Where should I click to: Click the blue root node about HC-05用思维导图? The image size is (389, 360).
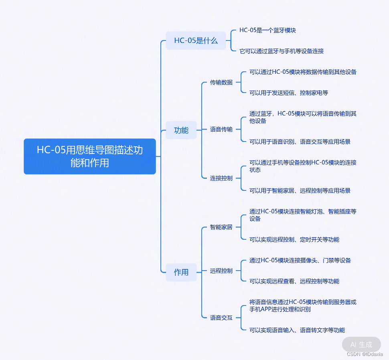point(89,156)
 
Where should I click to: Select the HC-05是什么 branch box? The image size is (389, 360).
point(196,40)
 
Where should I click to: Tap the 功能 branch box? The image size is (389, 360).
point(181,130)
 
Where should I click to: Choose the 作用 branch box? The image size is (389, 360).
point(181,272)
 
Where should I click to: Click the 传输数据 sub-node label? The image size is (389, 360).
point(221,82)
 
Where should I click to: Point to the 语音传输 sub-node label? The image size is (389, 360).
point(221,129)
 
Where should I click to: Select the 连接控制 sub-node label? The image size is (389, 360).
point(221,178)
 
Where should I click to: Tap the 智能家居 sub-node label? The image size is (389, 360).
point(221,227)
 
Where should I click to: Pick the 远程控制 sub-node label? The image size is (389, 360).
point(221,271)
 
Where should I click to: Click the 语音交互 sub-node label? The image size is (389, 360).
point(221,318)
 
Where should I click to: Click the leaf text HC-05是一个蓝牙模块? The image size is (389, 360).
point(267,30)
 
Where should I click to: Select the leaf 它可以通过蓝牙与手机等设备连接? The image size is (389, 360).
point(282,51)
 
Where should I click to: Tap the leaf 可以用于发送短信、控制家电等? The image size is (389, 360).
point(289,93)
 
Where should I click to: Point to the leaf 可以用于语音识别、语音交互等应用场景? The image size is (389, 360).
point(300,142)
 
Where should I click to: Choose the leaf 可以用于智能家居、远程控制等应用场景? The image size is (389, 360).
point(300,190)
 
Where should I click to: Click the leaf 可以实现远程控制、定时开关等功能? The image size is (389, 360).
point(294,239)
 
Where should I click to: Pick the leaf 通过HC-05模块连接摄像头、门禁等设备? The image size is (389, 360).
point(300,260)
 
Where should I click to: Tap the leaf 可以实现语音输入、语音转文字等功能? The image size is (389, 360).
point(297,330)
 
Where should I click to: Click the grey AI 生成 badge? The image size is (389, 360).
point(361,344)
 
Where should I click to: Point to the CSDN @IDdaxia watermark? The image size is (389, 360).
point(365,354)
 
